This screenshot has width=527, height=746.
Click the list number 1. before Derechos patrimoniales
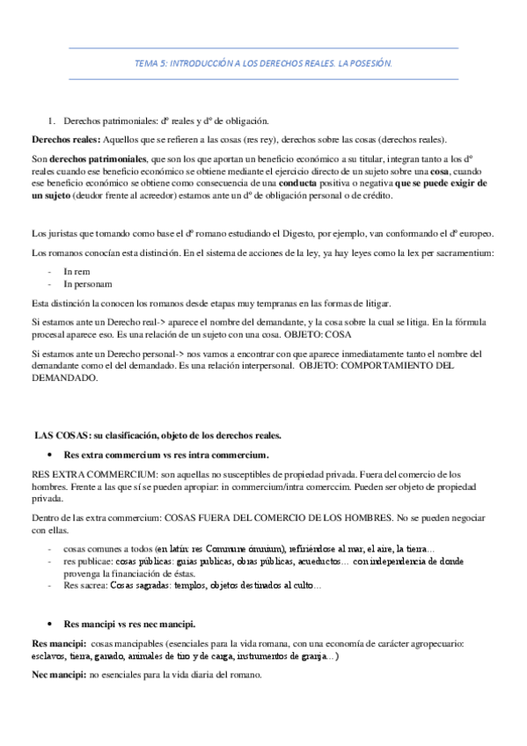click(x=51, y=121)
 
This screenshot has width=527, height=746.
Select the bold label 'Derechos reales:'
click(x=65, y=139)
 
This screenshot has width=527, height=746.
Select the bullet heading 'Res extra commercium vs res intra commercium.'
click(x=167, y=455)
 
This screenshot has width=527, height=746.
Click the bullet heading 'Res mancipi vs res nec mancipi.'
click(x=130, y=623)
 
